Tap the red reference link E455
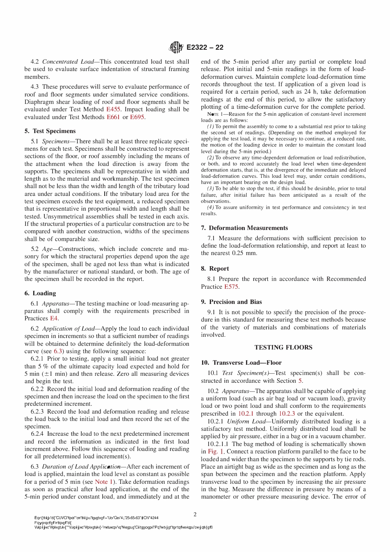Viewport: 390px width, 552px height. coord(113,109)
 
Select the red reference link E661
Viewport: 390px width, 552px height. coord(113,117)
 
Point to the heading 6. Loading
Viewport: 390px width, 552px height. coord(40,293)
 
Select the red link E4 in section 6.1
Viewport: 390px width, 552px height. coord(54,318)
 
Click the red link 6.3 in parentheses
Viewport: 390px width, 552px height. coord(59,351)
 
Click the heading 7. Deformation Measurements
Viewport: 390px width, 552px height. coord(244,228)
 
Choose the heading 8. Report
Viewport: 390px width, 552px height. coord(215,269)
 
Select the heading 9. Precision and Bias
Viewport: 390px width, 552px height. coord(231,302)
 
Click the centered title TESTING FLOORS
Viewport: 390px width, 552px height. coord(283,347)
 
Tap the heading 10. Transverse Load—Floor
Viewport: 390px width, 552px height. coord(241,363)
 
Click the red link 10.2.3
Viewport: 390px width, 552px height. coord(287,414)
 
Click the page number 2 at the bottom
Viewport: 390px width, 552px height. coord(195,514)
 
